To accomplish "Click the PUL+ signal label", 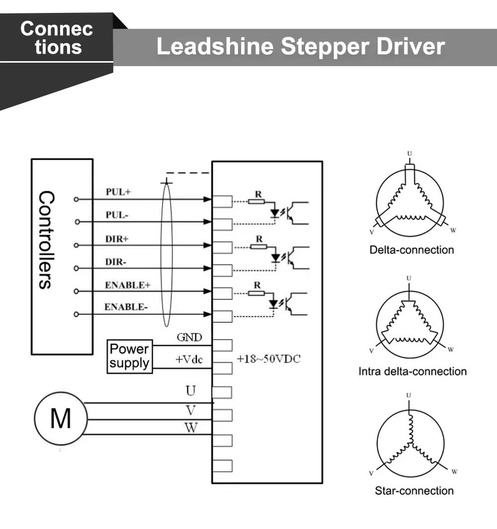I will [x=118, y=192].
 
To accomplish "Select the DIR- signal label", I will [x=116, y=262].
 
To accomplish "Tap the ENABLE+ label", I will [x=127, y=285].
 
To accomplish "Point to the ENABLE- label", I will [x=126, y=307].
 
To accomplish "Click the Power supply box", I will [x=129, y=356].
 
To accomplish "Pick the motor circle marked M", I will [x=60, y=418].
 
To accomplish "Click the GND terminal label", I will [x=189, y=338].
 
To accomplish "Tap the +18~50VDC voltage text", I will [x=268, y=359].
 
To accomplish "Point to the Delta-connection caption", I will [x=412, y=250].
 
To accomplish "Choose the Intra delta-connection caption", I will [x=413, y=371].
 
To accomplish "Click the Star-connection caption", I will [x=414, y=491].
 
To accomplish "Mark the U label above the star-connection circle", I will [x=409, y=395].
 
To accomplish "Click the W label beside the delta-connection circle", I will [x=452, y=231].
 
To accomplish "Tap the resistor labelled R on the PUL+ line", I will [x=256, y=201].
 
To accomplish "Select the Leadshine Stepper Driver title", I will [x=300, y=47].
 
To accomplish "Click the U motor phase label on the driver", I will [x=191, y=391].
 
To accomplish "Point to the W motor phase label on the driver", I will [x=191, y=428].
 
